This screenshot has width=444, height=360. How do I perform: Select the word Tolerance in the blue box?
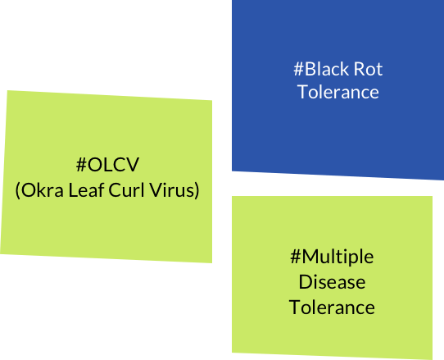pyautogui.click(x=338, y=92)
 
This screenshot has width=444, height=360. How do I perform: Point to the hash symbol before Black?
pyautogui.click(x=298, y=69)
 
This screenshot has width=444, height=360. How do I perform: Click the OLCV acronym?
pyautogui.click(x=113, y=164)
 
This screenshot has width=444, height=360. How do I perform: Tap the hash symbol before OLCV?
pyautogui.click(x=81, y=164)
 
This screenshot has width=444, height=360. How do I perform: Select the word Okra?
pyautogui.click(x=43, y=190)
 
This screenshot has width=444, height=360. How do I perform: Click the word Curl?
pyautogui.click(x=127, y=189)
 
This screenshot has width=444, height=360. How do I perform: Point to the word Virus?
pyautogui.click(x=172, y=190)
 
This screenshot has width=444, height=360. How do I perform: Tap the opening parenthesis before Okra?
pyautogui.click(x=17, y=190)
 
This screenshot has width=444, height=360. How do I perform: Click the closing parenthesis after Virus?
pyautogui.click(x=197, y=190)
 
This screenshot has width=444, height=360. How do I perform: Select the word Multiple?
pyautogui.click(x=338, y=257)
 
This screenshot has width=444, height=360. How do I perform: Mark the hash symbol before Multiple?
pyautogui.click(x=296, y=257)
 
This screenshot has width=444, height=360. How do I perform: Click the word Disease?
pyautogui.click(x=332, y=282)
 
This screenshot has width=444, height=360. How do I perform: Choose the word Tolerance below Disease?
pyautogui.click(x=332, y=308)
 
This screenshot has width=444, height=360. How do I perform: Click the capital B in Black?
pyautogui.click(x=310, y=69)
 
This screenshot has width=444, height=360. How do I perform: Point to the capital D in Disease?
pyautogui.click(x=306, y=282)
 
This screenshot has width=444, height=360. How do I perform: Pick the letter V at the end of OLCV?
pyautogui.click(x=132, y=164)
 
